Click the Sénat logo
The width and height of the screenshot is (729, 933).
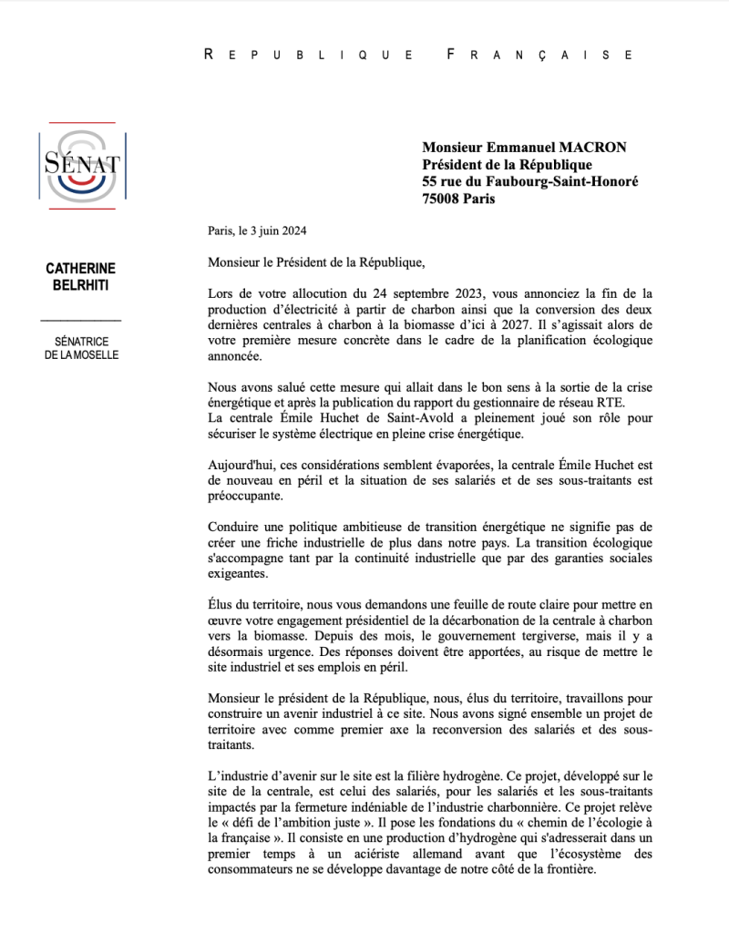pyautogui.click(x=82, y=165)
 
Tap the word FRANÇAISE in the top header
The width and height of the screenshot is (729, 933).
pyautogui.click(x=541, y=55)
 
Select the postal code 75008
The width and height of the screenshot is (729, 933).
pyautogui.click(x=442, y=199)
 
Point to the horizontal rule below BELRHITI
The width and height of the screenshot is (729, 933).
pyautogui.click(x=81, y=321)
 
